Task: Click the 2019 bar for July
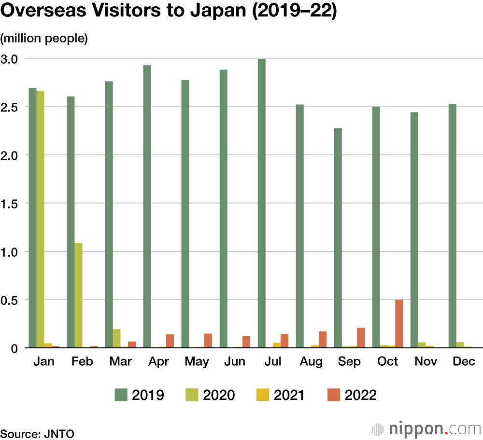261,203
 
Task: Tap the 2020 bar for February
78,295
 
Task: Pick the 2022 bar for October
399,323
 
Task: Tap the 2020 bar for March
116,338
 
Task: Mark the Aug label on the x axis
312,362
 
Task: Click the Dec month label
464,362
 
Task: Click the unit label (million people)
44,39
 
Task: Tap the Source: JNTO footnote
37,433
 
